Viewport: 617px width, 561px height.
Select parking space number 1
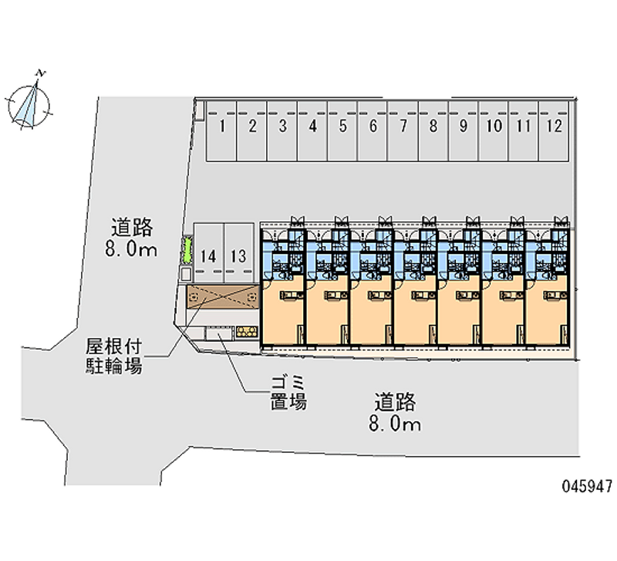pyautogui.click(x=221, y=131)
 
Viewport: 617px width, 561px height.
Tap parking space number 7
pyautogui.click(x=403, y=131)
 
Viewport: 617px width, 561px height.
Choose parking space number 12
pyautogui.click(x=554, y=131)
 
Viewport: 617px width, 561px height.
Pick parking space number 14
pyautogui.click(x=208, y=253)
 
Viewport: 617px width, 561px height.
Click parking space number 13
pyautogui.click(x=239, y=253)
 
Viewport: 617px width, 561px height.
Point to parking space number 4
pyautogui.click(x=312, y=131)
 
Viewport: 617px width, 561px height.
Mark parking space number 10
pyautogui.click(x=494, y=131)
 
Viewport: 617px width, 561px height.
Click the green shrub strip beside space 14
pyautogui.click(x=187, y=249)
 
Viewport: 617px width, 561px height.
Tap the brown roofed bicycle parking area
pyautogui.click(x=223, y=297)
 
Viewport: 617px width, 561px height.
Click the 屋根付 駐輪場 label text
pyautogui.click(x=114, y=357)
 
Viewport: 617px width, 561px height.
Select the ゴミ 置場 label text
pyautogui.click(x=288, y=393)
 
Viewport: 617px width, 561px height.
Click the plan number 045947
pyautogui.click(x=587, y=487)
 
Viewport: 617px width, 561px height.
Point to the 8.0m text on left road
pyautogui.click(x=131, y=249)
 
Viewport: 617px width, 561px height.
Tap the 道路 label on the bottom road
pyautogui.click(x=395, y=402)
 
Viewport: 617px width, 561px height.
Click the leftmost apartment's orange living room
pyautogui.click(x=282, y=311)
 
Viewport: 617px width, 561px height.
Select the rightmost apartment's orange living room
pyautogui.click(x=547, y=311)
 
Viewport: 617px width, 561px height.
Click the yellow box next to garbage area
pyautogui.click(x=247, y=332)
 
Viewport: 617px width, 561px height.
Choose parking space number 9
pyautogui.click(x=464, y=131)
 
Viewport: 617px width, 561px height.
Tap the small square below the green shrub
pyautogui.click(x=186, y=273)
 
